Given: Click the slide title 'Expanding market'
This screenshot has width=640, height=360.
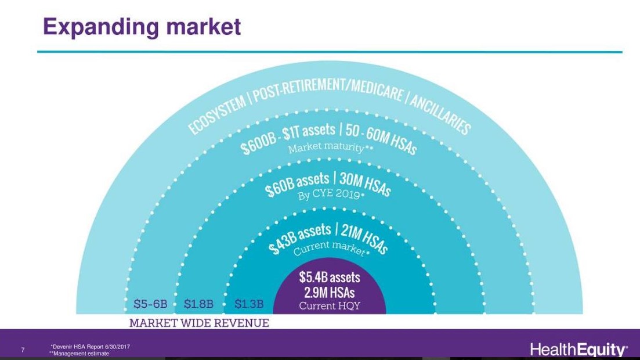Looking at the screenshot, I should (x=142, y=27).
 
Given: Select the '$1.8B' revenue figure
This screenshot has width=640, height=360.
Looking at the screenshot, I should (x=198, y=304).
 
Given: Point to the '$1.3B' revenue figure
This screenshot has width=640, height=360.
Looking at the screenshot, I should (x=249, y=304).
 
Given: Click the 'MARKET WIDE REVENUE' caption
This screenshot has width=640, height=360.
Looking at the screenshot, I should (x=199, y=323).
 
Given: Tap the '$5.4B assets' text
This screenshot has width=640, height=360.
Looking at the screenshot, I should (x=330, y=278).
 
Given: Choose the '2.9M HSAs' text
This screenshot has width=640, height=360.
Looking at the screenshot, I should (x=330, y=293).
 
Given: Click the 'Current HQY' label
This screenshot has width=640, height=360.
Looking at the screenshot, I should (x=330, y=306).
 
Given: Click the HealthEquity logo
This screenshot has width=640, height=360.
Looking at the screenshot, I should (x=578, y=350).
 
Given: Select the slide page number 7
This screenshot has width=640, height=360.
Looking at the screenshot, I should (x=23, y=350).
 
